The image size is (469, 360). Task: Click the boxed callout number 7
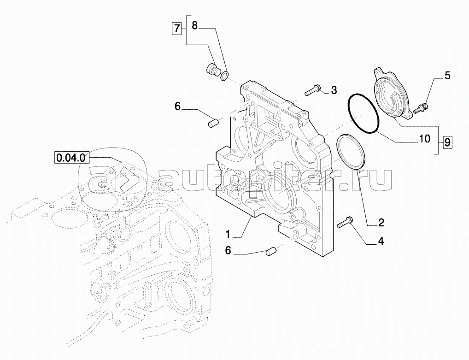pos(176,28)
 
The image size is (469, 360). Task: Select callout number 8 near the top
pos(194,26)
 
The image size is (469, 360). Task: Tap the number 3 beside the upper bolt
pos(334,89)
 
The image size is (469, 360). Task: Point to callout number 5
pos(434,76)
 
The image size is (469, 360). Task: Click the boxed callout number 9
pos(446,142)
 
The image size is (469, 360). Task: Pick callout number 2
pos(381,223)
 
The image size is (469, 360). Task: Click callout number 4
pos(381,240)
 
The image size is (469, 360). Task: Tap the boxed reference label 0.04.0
pos(70,158)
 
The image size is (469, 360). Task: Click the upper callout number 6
pos(177,106)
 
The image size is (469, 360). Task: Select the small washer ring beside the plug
pos(224,76)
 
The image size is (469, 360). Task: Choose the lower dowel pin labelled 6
pos(270,252)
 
